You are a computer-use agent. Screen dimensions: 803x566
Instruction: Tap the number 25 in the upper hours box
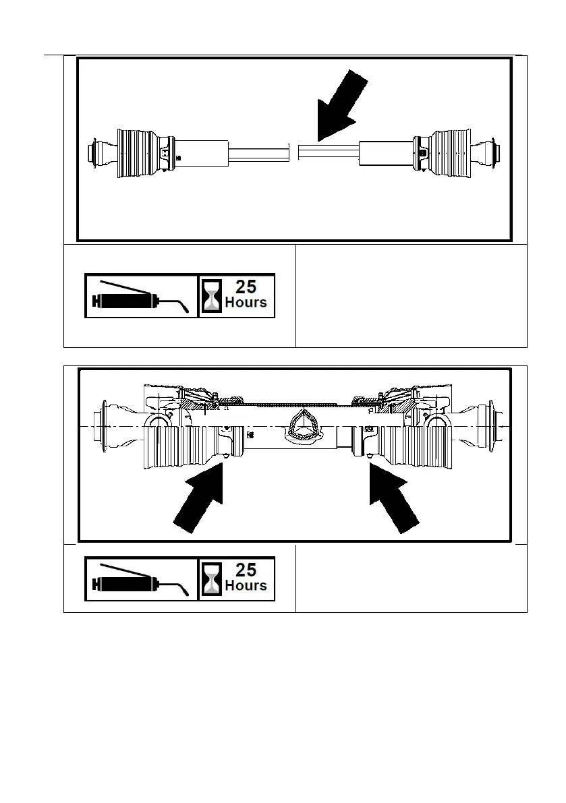point(246,286)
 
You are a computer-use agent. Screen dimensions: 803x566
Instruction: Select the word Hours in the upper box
point(246,303)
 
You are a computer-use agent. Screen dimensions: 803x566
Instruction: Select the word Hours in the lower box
point(246,586)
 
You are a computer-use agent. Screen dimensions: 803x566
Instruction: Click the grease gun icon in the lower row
point(140,578)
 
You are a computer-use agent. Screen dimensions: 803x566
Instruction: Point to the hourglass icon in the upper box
point(212,296)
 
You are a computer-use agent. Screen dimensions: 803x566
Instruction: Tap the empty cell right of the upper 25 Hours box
point(411,295)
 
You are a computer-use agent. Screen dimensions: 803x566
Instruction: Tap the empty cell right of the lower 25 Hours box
point(411,578)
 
